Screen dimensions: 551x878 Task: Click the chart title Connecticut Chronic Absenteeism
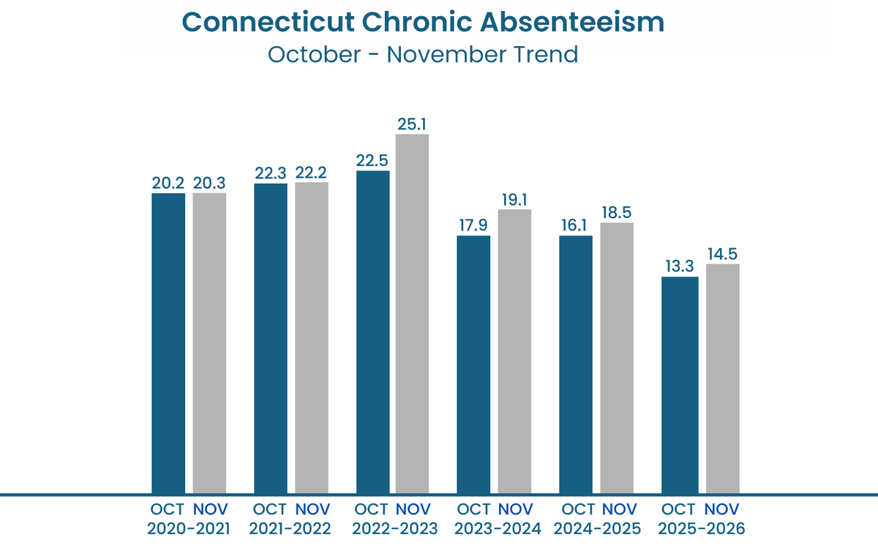click(423, 22)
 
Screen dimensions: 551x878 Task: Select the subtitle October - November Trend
click(423, 55)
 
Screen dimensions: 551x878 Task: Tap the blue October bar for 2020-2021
click(168, 343)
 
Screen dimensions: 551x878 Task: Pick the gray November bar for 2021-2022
click(312, 337)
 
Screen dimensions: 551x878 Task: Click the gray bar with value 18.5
click(617, 358)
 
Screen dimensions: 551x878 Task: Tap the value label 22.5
click(372, 160)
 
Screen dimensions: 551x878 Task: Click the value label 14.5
click(722, 254)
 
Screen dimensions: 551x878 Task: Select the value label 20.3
click(209, 183)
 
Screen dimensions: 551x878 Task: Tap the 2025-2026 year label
click(700, 528)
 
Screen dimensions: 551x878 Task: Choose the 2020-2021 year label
click(190, 528)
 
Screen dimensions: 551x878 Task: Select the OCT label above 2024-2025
click(578, 509)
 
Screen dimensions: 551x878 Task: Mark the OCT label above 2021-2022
click(271, 509)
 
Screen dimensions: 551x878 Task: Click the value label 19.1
click(515, 199)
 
